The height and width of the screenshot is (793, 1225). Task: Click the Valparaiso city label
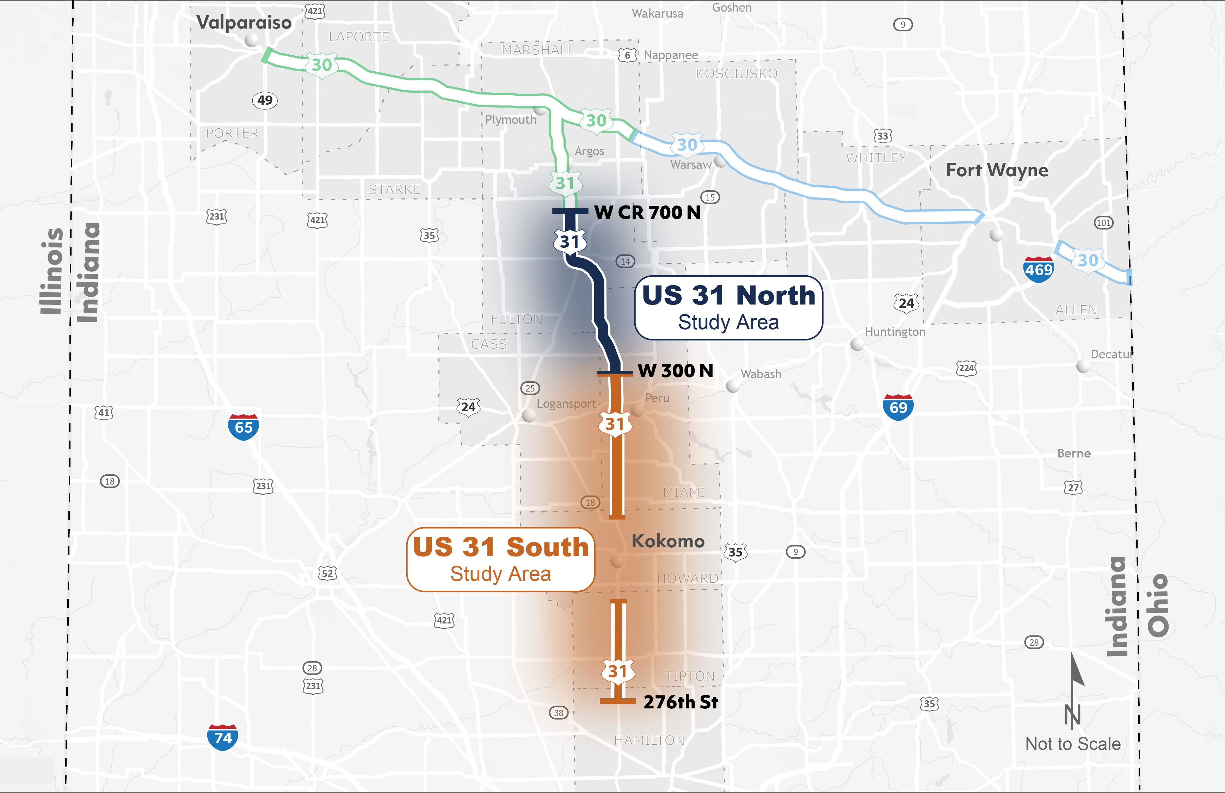[x=244, y=23]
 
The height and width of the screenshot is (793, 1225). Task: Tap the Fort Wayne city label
[x=997, y=170]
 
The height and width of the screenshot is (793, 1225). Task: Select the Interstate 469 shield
[x=1038, y=269]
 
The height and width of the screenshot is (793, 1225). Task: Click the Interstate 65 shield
[x=244, y=426]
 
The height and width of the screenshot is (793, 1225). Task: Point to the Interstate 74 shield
[x=222, y=737]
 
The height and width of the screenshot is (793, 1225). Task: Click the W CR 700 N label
[x=647, y=212]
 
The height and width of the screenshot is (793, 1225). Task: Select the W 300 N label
[x=675, y=370]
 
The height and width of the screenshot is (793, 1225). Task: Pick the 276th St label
[x=681, y=701]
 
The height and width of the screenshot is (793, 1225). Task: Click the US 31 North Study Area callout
[x=728, y=308]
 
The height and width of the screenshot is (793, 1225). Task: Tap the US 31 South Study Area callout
[x=500, y=559]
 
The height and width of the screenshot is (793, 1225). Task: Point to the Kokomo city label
[x=667, y=541]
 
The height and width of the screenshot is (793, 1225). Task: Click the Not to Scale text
[x=1073, y=744]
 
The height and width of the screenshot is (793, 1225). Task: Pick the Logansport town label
[x=566, y=404]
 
